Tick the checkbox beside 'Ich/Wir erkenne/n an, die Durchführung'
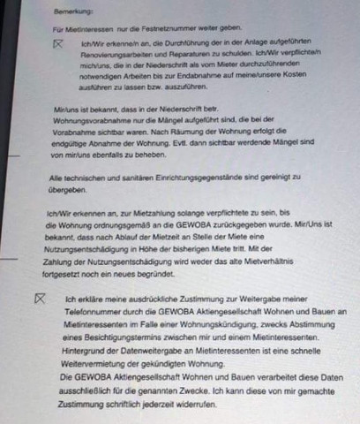[59, 43]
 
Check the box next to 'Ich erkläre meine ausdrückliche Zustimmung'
[38, 299]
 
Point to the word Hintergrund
[91, 351]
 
